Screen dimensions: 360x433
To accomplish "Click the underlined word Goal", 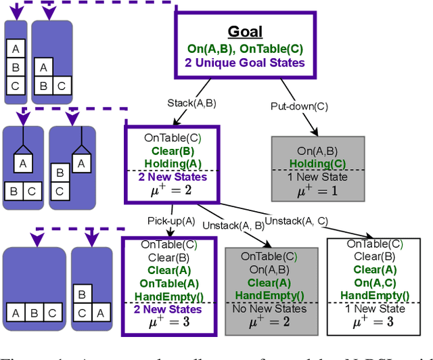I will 245,32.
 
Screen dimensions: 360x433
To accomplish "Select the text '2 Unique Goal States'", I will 245,63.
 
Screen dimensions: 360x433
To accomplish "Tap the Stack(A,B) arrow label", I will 191,103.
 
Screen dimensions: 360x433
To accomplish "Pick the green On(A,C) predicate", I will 374,282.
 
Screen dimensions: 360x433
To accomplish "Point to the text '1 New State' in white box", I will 374,309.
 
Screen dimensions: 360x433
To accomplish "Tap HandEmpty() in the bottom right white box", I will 374,295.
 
